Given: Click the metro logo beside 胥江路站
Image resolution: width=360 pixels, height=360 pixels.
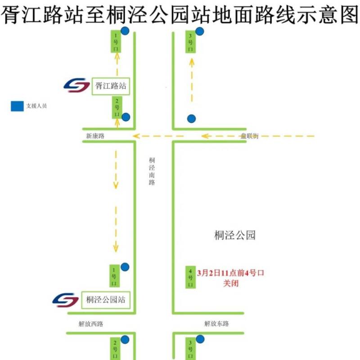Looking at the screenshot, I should click(76, 85).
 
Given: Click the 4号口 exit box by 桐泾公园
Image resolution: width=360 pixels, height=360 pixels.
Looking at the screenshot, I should click(190, 277).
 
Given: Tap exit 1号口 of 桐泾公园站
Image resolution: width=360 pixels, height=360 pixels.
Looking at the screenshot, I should click(114, 276).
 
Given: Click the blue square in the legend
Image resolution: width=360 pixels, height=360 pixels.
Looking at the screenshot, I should click(17, 106).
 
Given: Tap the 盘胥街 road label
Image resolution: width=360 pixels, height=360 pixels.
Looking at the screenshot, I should click(250, 136).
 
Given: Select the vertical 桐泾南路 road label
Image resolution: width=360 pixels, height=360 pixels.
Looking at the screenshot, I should click(152, 171).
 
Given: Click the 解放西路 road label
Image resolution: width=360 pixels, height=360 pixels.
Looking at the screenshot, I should click(91, 323).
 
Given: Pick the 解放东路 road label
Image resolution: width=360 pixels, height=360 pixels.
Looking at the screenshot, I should click(216, 323).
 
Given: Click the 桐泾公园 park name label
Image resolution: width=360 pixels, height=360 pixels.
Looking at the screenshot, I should click(235, 235).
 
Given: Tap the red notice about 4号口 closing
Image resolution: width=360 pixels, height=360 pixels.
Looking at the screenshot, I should click(230, 278).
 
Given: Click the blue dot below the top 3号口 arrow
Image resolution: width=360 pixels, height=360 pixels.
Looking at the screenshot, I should click(192, 119).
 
